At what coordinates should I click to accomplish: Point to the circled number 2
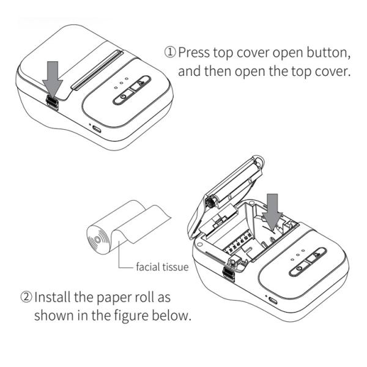click(26, 298)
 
